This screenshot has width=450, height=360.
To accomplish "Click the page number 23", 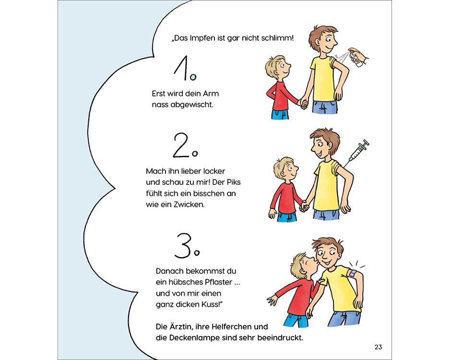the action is [378, 347].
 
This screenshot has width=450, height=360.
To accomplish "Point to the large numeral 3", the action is [183, 245].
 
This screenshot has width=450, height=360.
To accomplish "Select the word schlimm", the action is [277, 38].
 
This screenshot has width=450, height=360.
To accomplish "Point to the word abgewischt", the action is [192, 105].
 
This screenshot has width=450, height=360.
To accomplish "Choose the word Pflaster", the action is [218, 282].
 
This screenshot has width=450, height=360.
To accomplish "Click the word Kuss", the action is [211, 304].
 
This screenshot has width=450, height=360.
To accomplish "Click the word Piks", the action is [234, 182].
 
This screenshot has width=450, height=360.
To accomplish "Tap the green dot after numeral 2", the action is [195, 154].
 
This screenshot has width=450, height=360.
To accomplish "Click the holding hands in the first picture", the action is [303, 103].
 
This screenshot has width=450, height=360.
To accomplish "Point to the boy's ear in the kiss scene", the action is [302, 271].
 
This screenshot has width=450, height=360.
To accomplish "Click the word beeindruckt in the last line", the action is [280, 338].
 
